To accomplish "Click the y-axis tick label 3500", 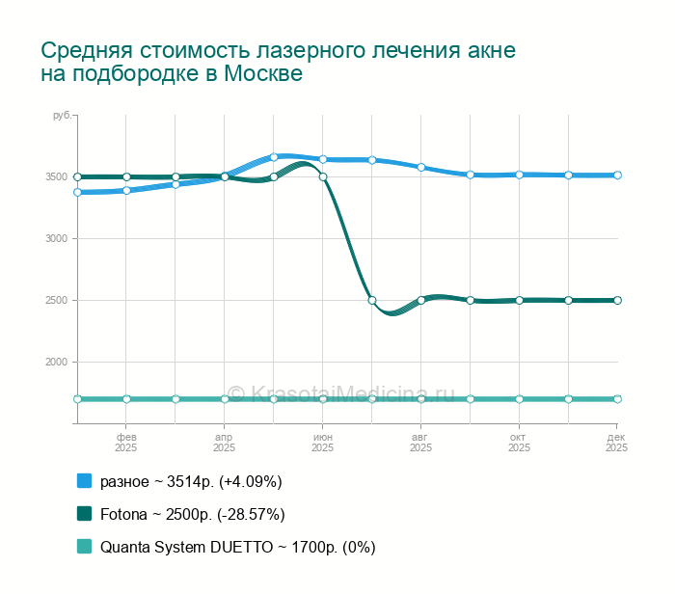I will (x=55, y=176).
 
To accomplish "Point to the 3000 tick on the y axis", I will (x=55, y=238).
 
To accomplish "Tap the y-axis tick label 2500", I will (x=55, y=300).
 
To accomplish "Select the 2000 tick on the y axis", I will (x=55, y=362).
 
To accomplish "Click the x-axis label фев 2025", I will (x=126, y=442).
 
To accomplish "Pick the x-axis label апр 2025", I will (x=225, y=442).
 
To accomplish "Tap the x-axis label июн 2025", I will (x=323, y=442).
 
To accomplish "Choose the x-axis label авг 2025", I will (x=420, y=442).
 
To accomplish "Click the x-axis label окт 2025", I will (x=519, y=442).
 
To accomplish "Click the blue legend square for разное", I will (x=84, y=481).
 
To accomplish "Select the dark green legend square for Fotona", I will (x=84, y=514).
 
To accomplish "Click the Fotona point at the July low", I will (x=372, y=300).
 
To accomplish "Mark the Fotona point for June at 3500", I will (x=323, y=176).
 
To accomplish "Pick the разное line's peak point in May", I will (x=274, y=156).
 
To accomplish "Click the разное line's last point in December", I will (x=617, y=175).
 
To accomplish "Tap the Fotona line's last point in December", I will (x=617, y=300).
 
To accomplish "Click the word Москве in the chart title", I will (x=263, y=73).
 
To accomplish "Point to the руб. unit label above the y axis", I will (x=61, y=116).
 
